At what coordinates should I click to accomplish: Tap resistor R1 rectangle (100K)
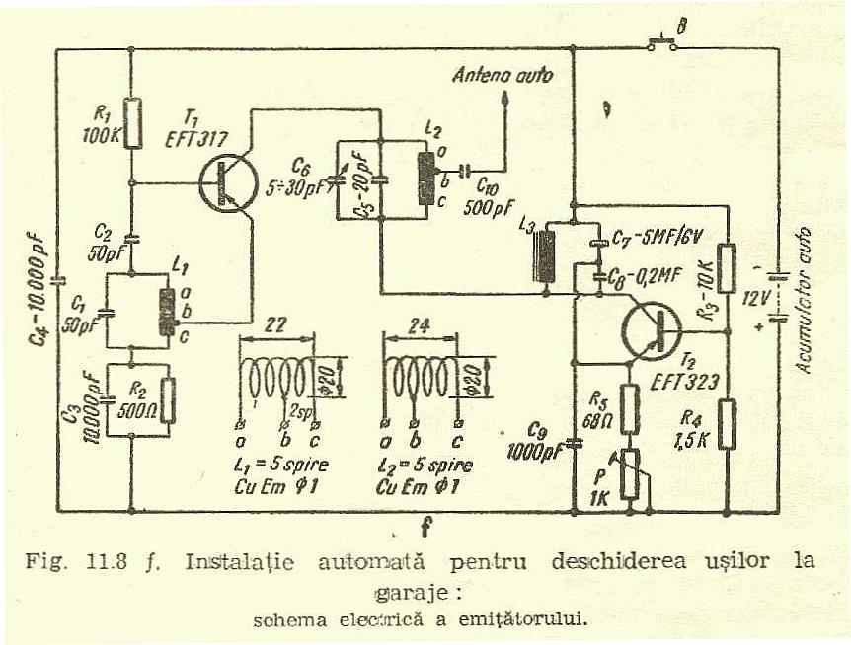[132, 122]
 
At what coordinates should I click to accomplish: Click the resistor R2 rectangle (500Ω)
[168, 398]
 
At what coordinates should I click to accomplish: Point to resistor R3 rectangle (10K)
[727, 268]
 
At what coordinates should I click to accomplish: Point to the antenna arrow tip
[505, 96]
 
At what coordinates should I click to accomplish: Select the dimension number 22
[276, 326]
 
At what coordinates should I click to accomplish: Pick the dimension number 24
[421, 326]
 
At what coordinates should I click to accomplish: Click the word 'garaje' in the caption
[405, 596]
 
